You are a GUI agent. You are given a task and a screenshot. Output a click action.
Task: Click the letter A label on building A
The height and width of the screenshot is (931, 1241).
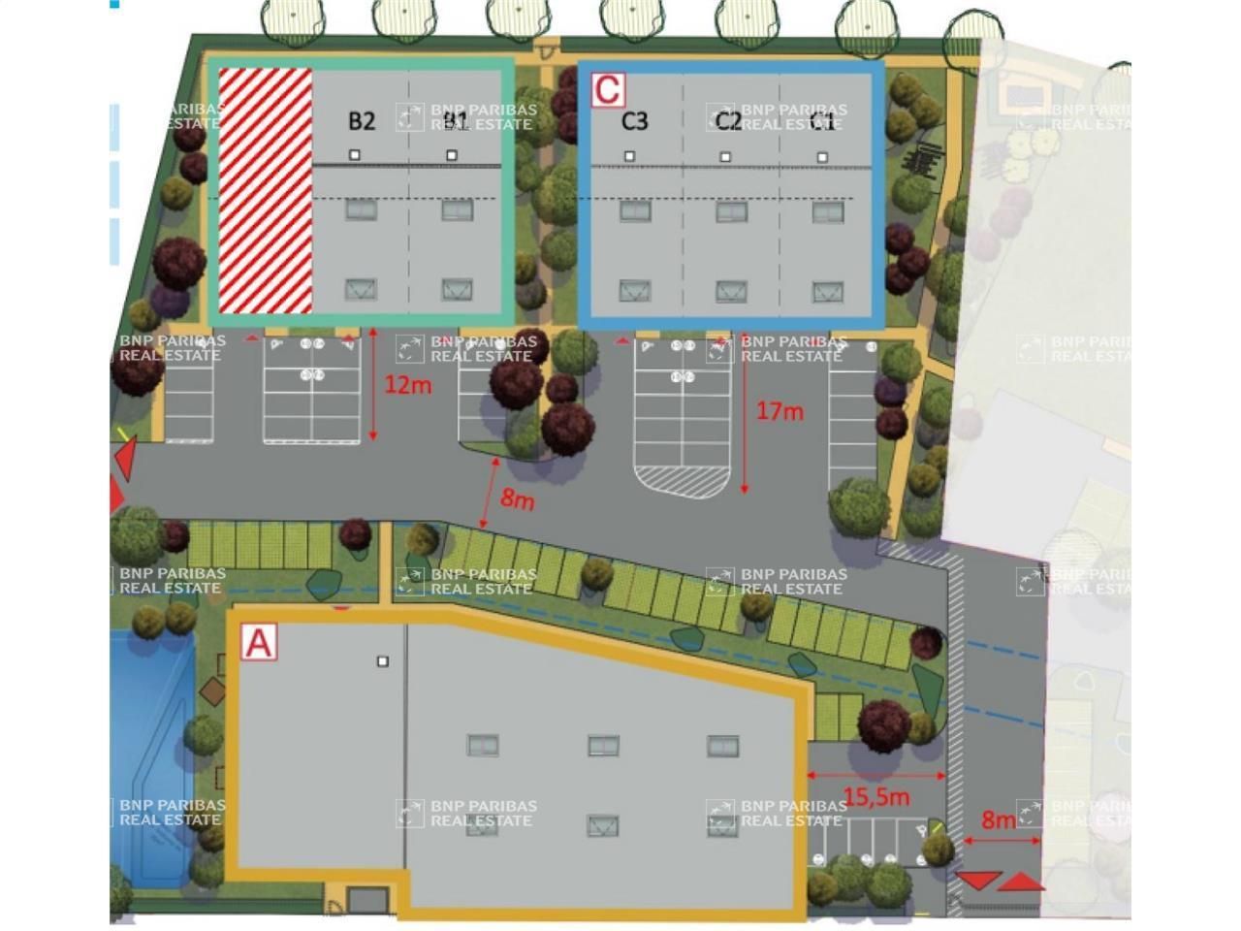coord(259,643)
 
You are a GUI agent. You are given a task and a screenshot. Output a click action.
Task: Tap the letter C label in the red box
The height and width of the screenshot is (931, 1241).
coord(608,89)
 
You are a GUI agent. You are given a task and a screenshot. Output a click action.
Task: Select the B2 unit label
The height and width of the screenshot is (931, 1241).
coord(361,121)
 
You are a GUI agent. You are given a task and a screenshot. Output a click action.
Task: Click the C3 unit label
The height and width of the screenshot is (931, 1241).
coord(634,121)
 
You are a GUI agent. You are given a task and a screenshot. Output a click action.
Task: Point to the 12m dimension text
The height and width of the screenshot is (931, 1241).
coord(407,385)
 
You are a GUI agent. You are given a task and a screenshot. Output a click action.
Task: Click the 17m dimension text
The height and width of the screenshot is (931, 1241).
coord(780,411)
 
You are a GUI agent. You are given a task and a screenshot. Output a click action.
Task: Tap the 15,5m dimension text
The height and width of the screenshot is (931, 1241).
coord(875,797)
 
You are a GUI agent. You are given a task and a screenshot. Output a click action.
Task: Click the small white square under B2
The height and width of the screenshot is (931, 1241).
coord(355,155)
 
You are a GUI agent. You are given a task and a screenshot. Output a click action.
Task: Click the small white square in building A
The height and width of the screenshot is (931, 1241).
coord(383,661)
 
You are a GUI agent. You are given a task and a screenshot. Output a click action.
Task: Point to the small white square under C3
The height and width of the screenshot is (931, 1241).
coord(630,156)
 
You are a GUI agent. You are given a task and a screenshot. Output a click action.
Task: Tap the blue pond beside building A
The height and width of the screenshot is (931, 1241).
coord(150,756)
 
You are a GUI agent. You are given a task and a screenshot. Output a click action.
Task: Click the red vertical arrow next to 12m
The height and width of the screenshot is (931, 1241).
coord(373,385)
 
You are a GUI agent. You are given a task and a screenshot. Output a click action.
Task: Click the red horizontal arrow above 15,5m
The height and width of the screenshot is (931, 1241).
coord(875,776)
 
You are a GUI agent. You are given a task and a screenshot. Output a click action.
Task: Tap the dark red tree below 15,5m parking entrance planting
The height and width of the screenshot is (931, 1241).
coord(883,724)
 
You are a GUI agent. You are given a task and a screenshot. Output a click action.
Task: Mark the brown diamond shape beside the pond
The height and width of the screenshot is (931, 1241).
coord(212,691)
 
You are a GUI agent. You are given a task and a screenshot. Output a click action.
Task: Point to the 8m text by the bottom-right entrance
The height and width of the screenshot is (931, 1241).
coord(999,820)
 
